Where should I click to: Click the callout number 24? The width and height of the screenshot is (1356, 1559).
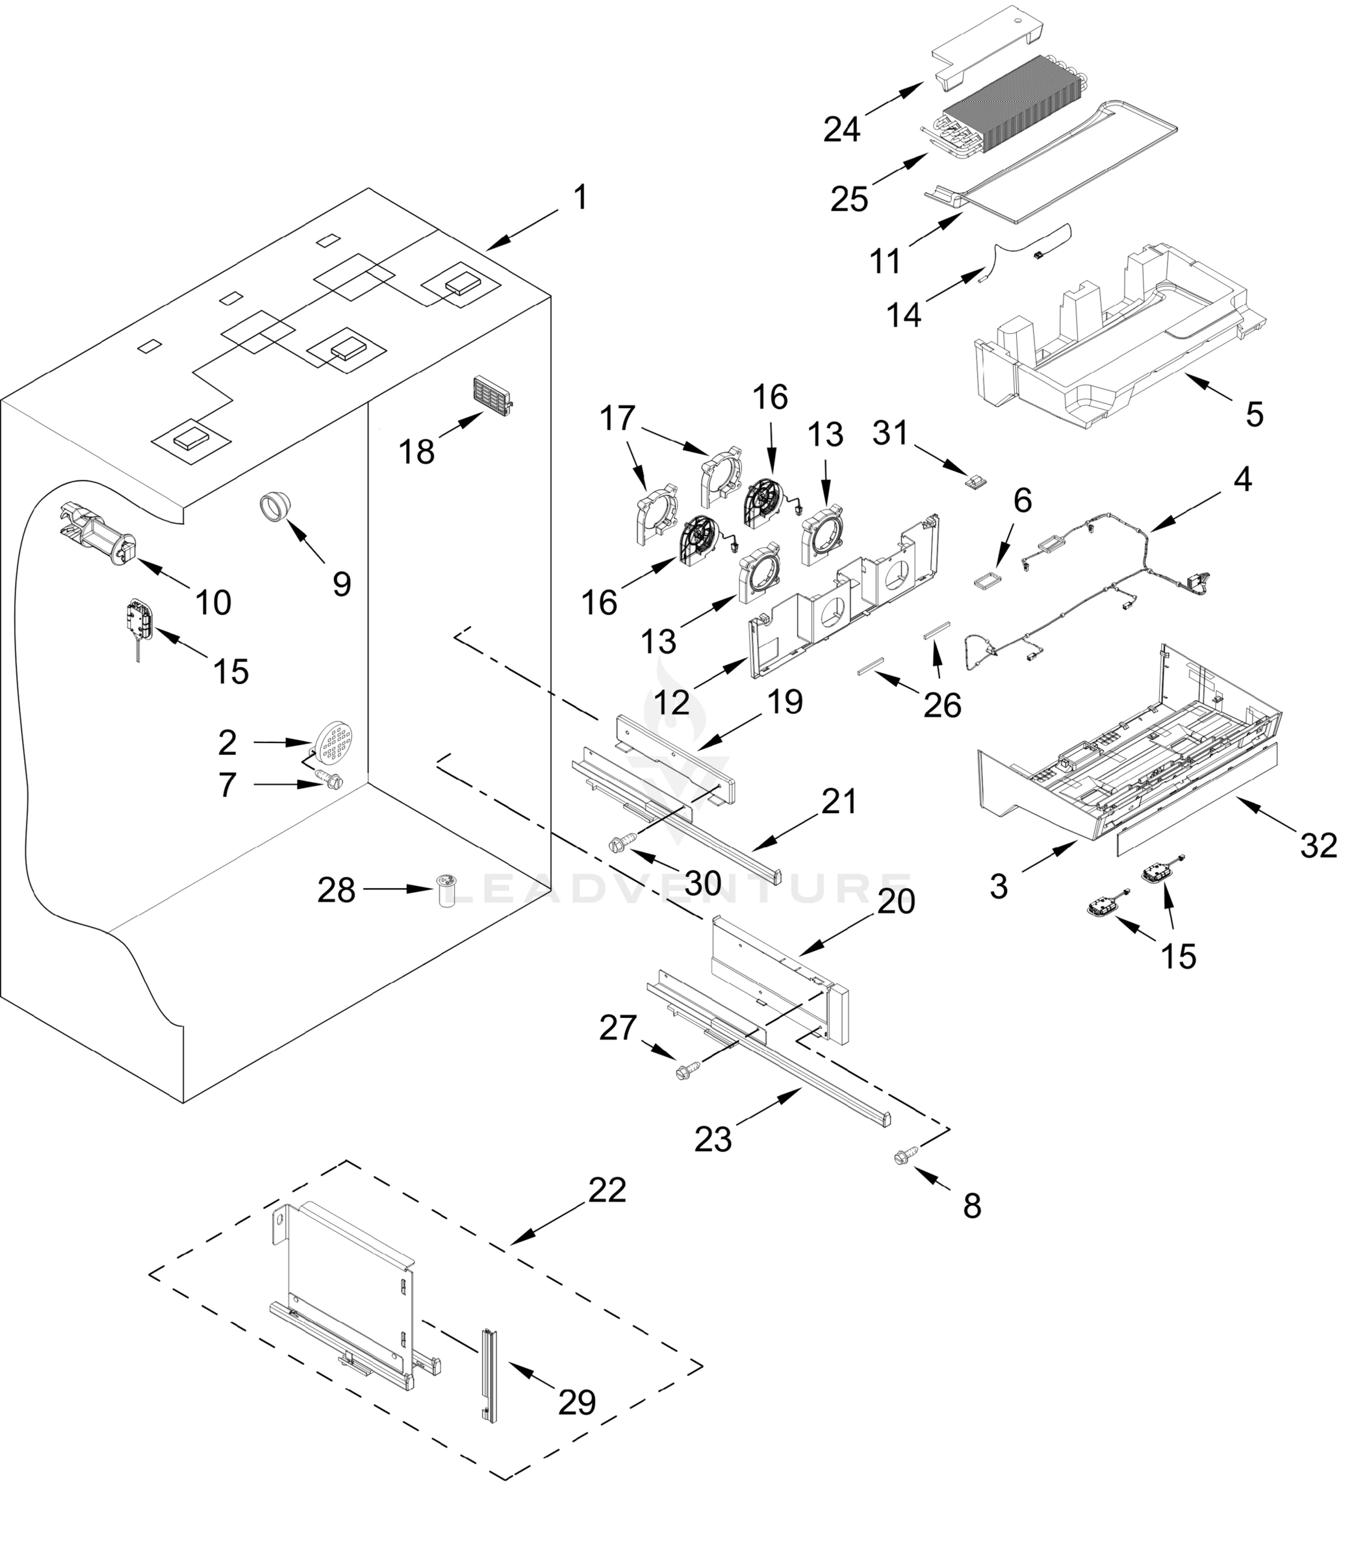tap(841, 129)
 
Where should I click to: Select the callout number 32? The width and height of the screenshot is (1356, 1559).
tap(1318, 845)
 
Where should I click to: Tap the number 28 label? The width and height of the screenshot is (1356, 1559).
tap(336, 891)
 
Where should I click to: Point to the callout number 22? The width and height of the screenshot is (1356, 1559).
tap(608, 1190)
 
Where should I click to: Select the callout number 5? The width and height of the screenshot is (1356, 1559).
tap(1254, 414)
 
